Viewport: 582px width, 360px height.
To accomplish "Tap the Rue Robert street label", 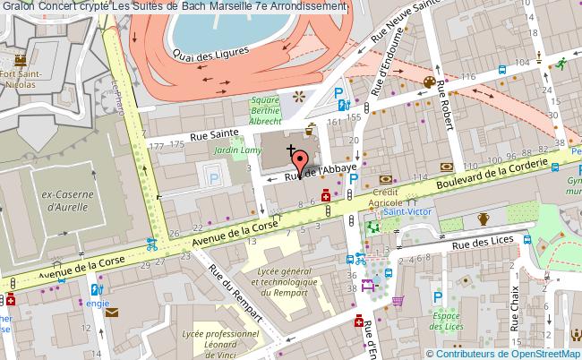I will click(446, 112).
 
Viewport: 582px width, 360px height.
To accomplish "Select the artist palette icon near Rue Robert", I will click(428, 84).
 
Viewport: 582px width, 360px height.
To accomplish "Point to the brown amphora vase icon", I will click(484, 218).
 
